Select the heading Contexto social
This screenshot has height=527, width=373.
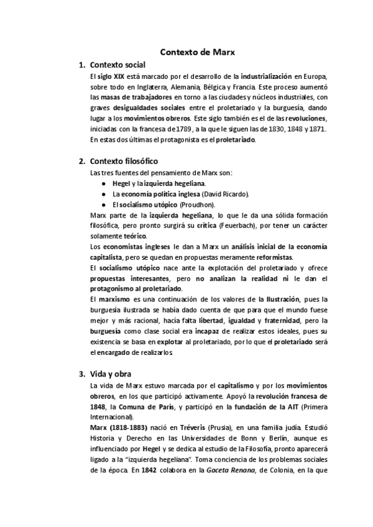(117, 65)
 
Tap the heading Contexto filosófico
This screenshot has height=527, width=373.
(124, 161)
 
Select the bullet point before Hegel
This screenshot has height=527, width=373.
(103, 184)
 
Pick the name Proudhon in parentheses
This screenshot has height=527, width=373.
(198, 204)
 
